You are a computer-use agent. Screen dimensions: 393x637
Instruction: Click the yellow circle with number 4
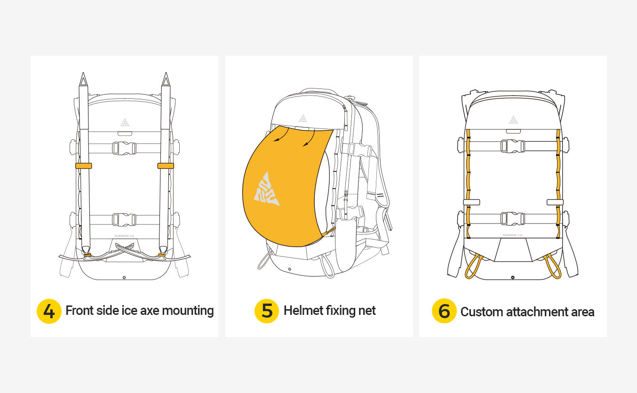(49, 311)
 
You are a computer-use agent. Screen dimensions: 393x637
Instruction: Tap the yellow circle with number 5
(267, 311)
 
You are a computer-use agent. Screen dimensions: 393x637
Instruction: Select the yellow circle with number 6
(444, 311)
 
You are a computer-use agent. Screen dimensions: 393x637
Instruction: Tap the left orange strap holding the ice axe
(83, 166)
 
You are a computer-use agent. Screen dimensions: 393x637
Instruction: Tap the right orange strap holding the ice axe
(166, 166)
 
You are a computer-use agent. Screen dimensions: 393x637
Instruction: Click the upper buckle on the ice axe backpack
(124, 148)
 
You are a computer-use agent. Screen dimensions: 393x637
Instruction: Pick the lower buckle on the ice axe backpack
(124, 219)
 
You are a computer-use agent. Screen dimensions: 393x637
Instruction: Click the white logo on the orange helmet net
(266, 189)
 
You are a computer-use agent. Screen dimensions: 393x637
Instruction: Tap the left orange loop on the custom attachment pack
(472, 267)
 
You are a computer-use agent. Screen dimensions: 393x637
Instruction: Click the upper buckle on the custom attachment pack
(513, 146)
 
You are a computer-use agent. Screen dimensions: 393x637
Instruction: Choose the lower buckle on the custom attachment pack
(513, 218)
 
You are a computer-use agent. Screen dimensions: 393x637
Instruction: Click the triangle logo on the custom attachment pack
(513, 120)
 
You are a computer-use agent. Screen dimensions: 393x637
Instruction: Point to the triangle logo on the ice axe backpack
(125, 122)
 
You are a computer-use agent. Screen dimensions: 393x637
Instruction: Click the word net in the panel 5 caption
(367, 311)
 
